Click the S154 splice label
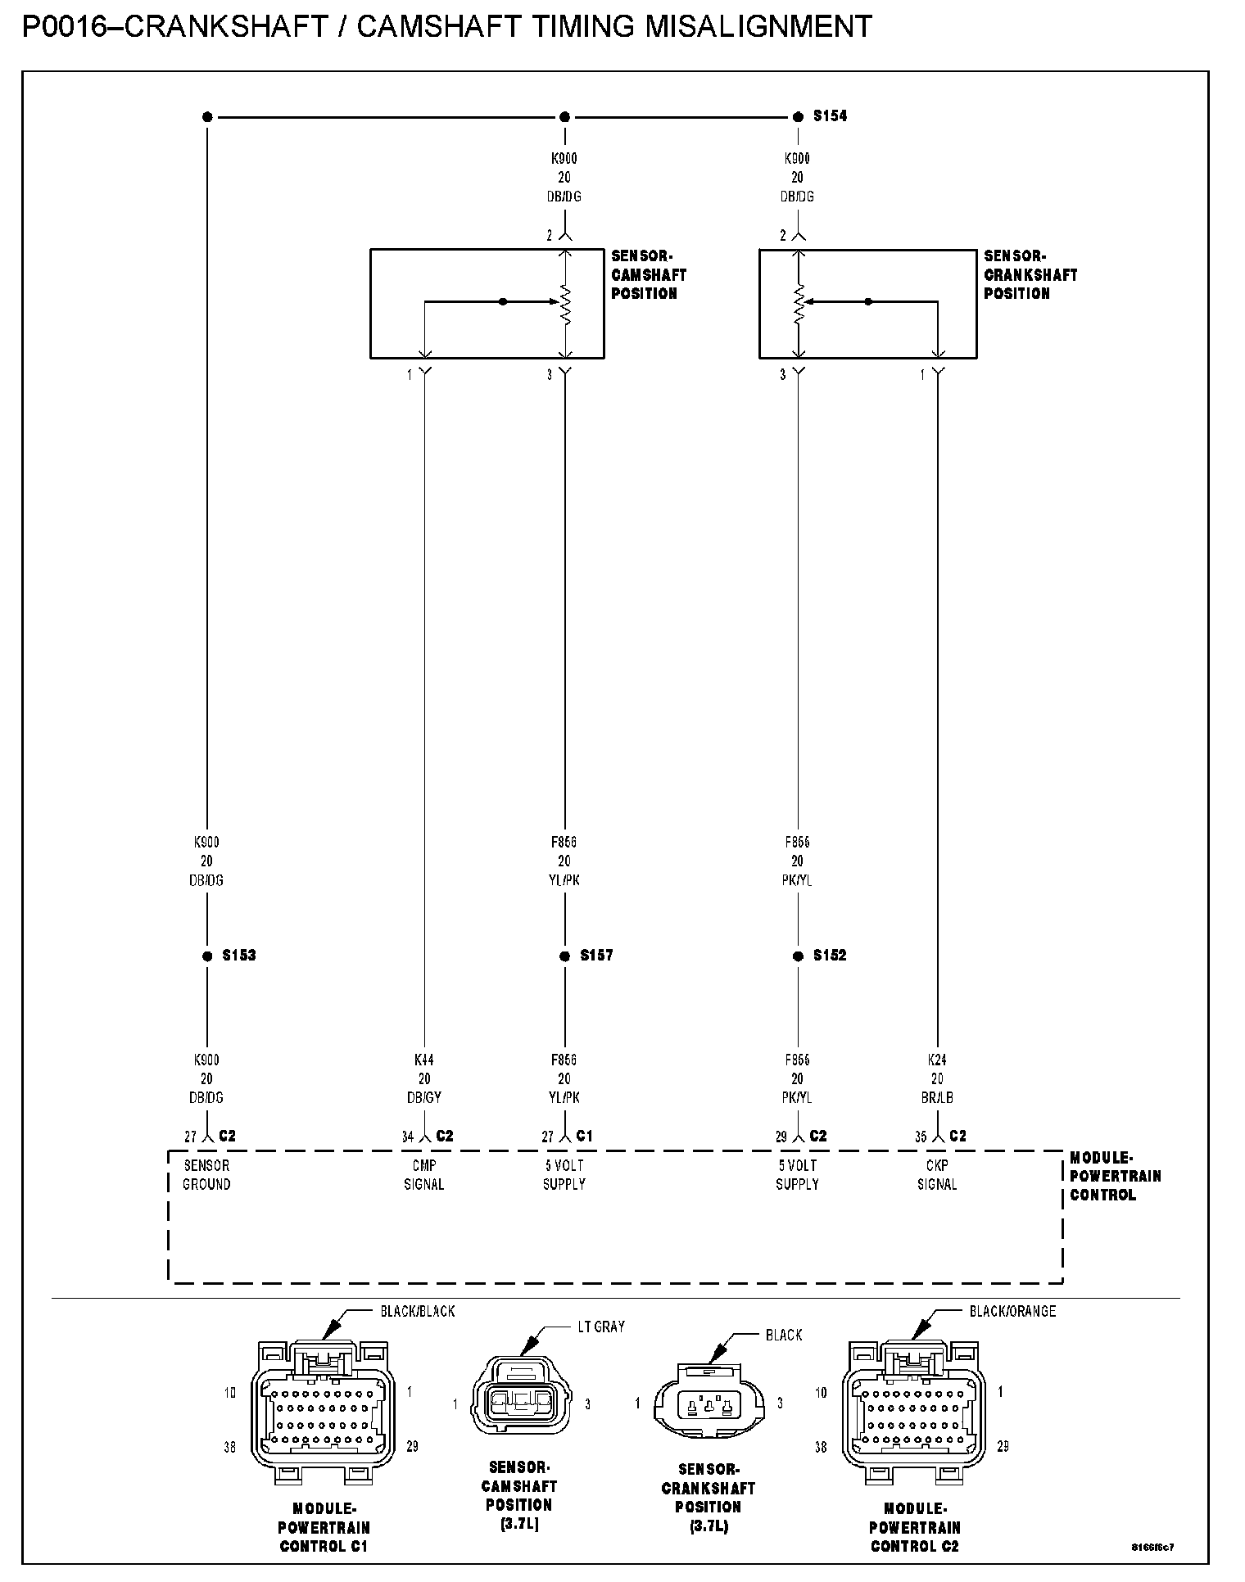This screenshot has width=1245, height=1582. coord(830,116)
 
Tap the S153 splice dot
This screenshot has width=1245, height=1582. coord(206,956)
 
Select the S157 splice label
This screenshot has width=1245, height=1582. coord(596,956)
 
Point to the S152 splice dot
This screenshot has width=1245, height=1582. coord(798,956)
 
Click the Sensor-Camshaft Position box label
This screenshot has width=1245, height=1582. coord(648,274)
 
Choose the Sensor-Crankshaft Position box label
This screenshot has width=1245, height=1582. coord(1030,274)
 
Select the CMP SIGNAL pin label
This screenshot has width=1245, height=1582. coord(423,1174)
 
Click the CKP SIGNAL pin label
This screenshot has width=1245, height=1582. coord(937,1174)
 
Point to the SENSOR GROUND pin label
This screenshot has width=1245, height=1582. coord(206,1174)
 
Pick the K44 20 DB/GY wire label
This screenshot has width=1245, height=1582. coord(423,1078)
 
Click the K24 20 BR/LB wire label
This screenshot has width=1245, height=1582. coord(937,1078)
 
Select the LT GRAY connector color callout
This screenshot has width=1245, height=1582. coord(601,1327)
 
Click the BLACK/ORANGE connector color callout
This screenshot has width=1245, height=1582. coord(1012,1311)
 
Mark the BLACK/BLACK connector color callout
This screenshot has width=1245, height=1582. coord(417,1311)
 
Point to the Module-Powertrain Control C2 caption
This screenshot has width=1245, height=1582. coord(914,1527)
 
